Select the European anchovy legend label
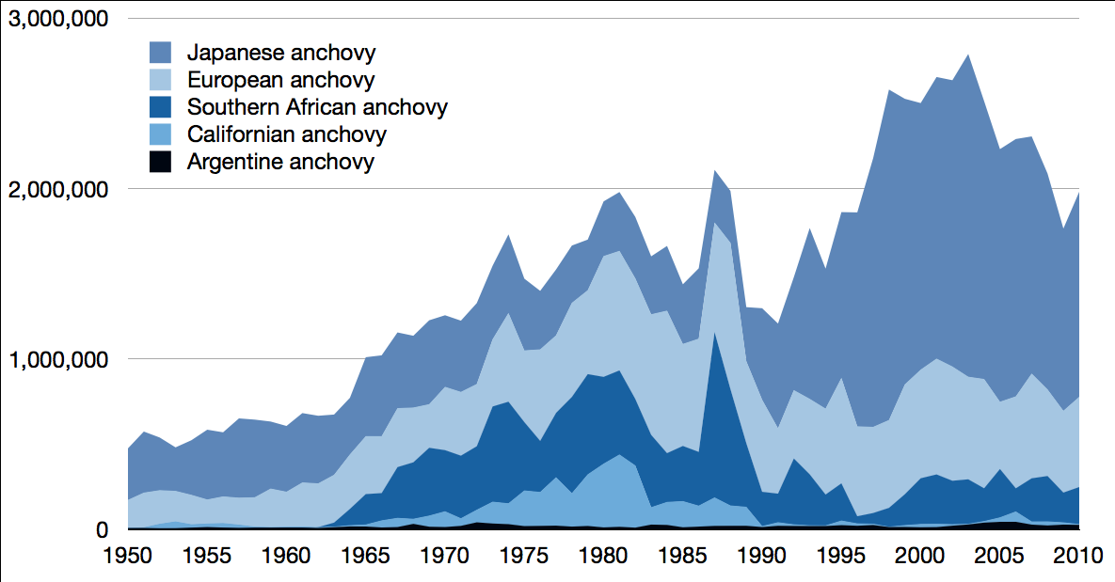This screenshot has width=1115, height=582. tap(280, 79)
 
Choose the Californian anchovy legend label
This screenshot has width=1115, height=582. tap(286, 134)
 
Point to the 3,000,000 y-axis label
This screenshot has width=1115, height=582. tap(58, 19)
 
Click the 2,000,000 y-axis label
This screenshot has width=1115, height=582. tap(58, 189)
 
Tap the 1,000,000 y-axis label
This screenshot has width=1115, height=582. tap(58, 359)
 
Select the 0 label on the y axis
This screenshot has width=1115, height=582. tap(102, 530)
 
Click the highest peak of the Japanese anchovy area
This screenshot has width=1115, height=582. tap(968, 55)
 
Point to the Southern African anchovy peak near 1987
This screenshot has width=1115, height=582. tap(714, 333)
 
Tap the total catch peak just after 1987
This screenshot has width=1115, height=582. tap(714, 171)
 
